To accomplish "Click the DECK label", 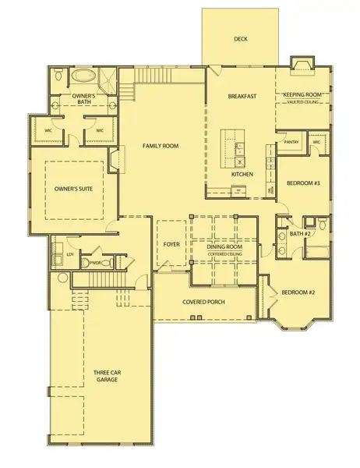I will (x=240, y=38).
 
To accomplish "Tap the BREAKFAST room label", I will (x=242, y=96).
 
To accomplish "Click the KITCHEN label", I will (x=242, y=174).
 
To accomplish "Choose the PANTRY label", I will (x=292, y=143).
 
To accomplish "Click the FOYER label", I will (x=171, y=244).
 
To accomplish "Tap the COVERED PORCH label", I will (x=204, y=301).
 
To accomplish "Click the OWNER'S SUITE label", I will (x=75, y=188).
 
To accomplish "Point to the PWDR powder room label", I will (x=97, y=263).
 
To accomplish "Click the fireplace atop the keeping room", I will (x=301, y=64).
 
